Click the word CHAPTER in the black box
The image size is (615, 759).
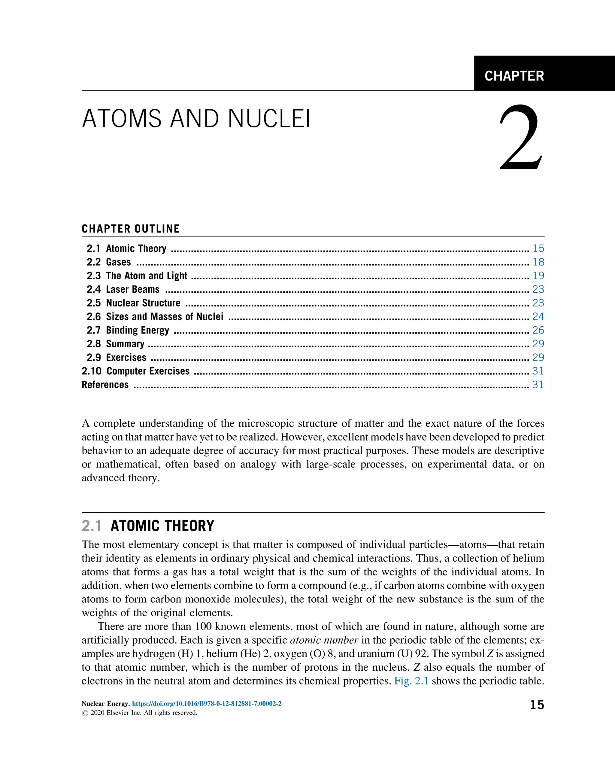[x=514, y=76]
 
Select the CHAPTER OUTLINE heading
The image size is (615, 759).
[x=130, y=229]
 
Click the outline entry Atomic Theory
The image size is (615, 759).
[x=136, y=248]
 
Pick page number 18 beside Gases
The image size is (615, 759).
[x=538, y=262]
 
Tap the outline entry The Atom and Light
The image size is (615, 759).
[x=146, y=276]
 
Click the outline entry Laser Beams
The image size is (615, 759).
[x=132, y=289]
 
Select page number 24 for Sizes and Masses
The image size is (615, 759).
[x=538, y=317]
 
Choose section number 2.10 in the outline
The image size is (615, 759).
[x=91, y=371]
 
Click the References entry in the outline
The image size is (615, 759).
[x=105, y=385]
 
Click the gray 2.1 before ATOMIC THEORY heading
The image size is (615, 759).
[x=91, y=526]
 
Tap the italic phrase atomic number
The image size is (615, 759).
[x=324, y=640]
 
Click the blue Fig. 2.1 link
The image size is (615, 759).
[x=411, y=681]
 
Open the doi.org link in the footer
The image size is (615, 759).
[x=207, y=704]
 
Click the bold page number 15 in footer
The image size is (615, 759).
[x=537, y=705]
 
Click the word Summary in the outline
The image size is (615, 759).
[x=125, y=344]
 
